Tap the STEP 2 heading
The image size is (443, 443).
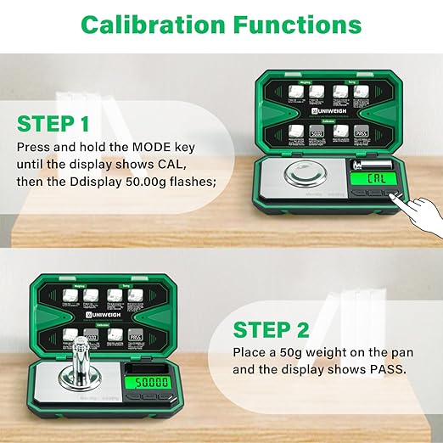pos(272,329)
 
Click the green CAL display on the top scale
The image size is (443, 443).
pos(373,179)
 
